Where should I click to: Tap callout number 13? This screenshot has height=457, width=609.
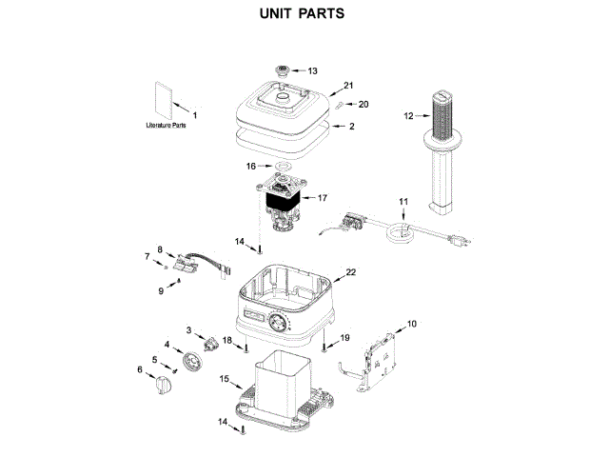point(312,71)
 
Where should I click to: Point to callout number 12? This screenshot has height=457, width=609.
point(408,116)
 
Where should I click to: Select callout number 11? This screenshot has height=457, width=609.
point(403,202)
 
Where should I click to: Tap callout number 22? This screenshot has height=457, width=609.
point(351,272)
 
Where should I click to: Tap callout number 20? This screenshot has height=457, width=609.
point(363,105)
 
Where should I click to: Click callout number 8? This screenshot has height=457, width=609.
point(160,249)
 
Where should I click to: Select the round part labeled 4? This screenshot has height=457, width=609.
point(195,363)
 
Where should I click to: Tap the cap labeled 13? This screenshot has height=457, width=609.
point(283,71)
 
